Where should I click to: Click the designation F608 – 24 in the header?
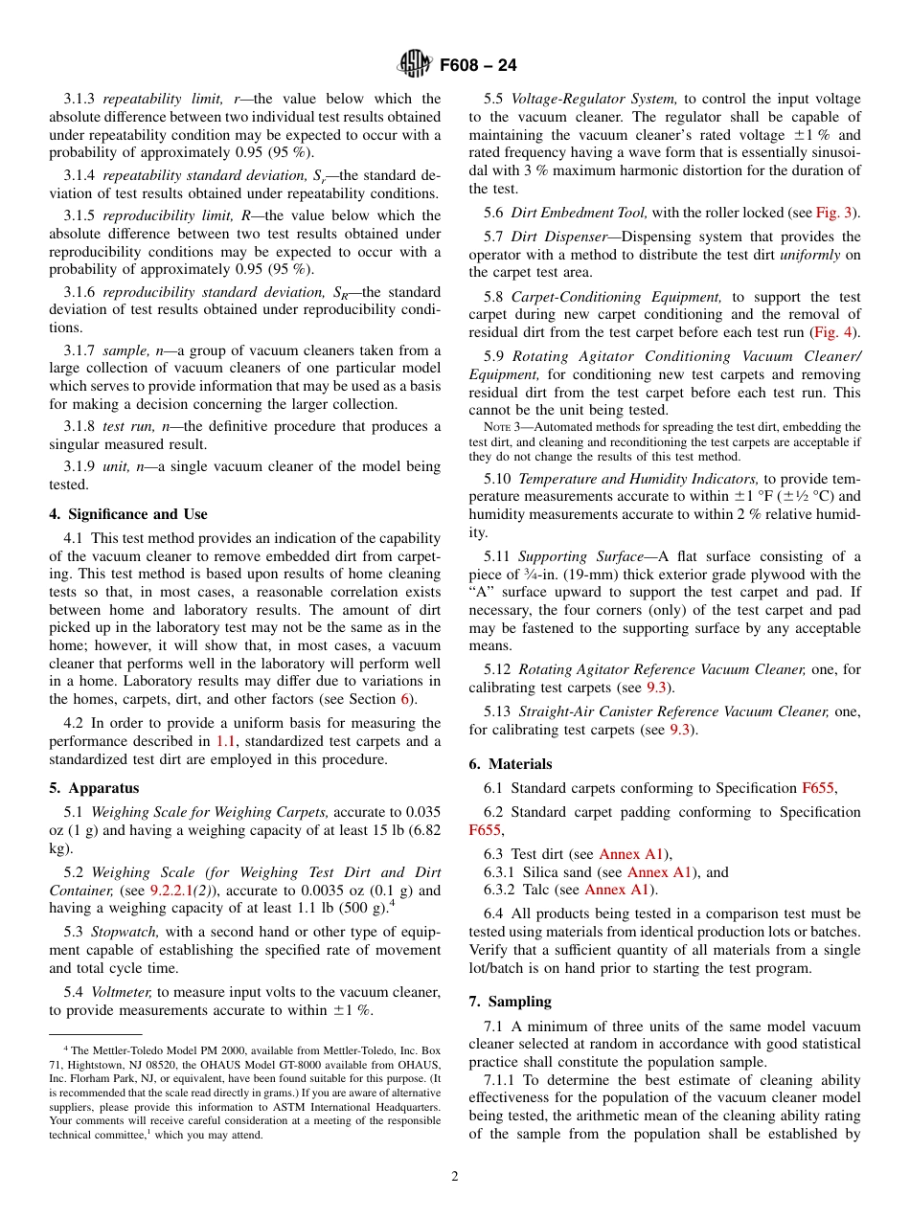[477, 65]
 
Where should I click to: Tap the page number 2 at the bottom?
[455, 1176]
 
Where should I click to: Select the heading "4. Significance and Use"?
[127, 514]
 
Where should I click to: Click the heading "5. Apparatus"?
[94, 788]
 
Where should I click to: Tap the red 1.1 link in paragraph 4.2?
[225, 741]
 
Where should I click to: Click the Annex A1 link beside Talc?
[619, 890]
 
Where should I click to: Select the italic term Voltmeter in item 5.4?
[122, 992]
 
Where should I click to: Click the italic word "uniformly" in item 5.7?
[811, 255]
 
